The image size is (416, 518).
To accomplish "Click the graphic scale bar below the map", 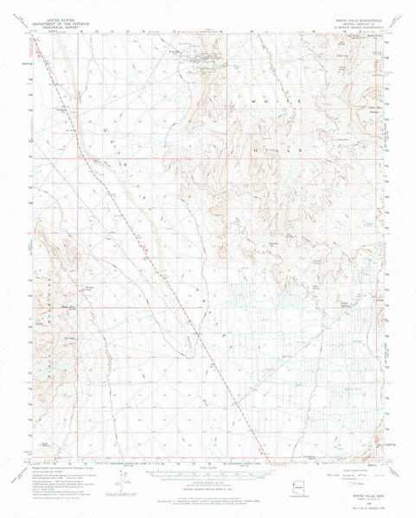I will point(208,477).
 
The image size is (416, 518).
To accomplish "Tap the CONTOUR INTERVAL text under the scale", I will point(208,485).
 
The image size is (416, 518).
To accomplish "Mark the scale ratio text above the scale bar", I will point(208,471).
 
